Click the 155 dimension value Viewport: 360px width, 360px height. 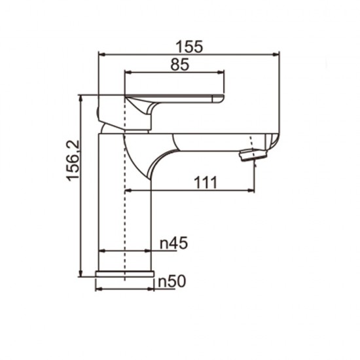pyautogui.click(x=190, y=46)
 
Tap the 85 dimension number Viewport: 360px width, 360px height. pyautogui.click(x=176, y=64)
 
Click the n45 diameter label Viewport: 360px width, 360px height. pyautogui.click(x=174, y=243)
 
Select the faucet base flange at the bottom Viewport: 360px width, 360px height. pyautogui.click(x=124, y=275)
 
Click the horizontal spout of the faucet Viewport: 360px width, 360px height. pyautogui.click(x=216, y=141)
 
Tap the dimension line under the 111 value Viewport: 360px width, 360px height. pyautogui.click(x=190, y=191)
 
